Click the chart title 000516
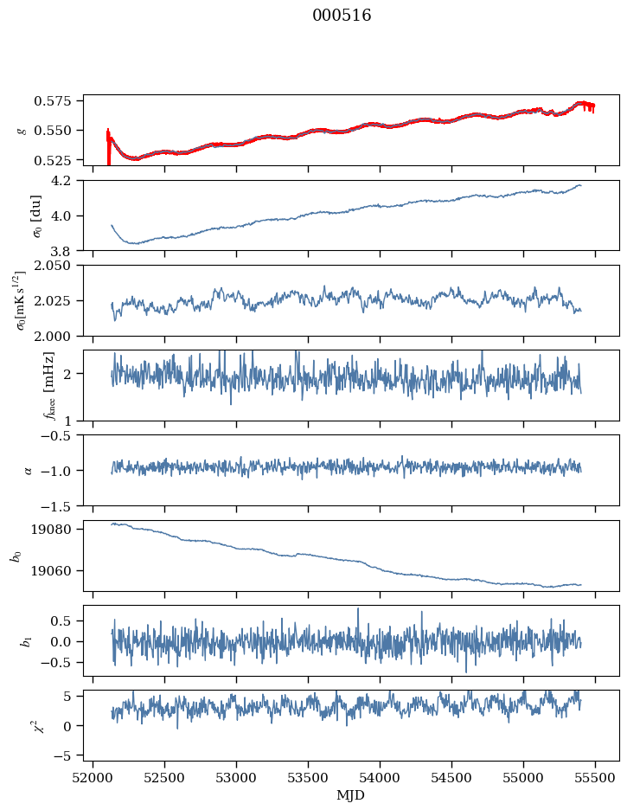tap(342, 16)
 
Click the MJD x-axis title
tap(350, 794)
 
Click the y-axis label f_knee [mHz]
tap(23, 385)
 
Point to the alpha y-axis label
tap(28, 470)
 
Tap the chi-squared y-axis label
tap(23, 726)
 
